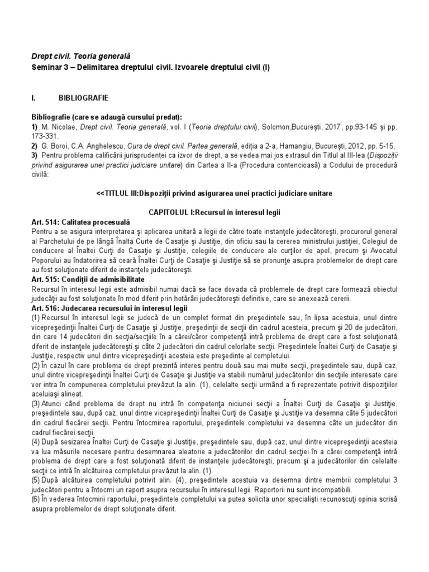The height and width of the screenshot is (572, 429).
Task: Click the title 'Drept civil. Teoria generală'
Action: (80, 57)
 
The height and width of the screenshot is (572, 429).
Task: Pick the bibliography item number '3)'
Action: (35, 156)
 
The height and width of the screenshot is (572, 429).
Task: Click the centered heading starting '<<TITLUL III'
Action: (214, 193)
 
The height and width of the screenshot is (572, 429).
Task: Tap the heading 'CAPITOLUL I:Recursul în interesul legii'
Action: (214, 213)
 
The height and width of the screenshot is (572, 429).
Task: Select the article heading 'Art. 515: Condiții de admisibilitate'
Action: (88, 279)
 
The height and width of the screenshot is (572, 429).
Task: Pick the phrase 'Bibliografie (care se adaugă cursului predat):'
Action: (107, 117)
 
